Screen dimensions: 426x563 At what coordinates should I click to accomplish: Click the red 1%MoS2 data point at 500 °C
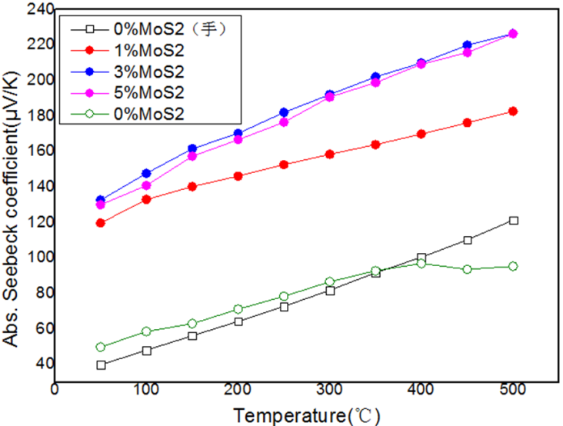coord(513,111)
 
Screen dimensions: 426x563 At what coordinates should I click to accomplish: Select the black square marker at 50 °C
coord(101,365)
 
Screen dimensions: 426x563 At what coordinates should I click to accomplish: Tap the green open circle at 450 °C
coord(467,269)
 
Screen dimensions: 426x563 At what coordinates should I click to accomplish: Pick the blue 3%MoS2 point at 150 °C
coord(192,148)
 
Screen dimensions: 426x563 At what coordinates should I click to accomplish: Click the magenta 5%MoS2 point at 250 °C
coord(284,122)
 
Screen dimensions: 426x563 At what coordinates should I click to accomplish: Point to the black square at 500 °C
coord(513,221)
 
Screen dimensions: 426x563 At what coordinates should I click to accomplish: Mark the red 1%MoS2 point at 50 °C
coord(101,223)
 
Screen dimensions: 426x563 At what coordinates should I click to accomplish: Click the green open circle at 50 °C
coord(101,347)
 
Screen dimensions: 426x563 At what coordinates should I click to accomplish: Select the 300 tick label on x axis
coord(330,389)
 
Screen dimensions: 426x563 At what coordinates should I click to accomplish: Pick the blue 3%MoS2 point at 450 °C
coord(467,45)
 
